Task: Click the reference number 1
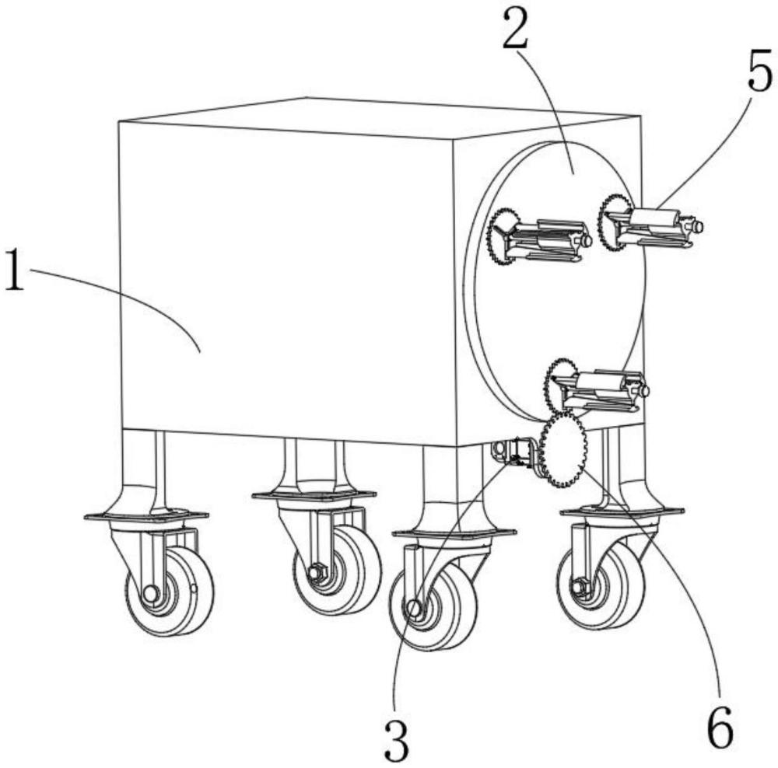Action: click(x=14, y=271)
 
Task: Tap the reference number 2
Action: click(x=515, y=29)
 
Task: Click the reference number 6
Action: click(x=720, y=728)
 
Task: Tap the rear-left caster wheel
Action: click(x=338, y=571)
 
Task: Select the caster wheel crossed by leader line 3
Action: click(x=433, y=606)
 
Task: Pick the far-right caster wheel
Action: click(x=601, y=585)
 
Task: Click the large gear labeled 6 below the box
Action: click(x=562, y=450)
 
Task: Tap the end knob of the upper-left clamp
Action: click(x=586, y=241)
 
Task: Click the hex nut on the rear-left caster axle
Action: click(x=315, y=573)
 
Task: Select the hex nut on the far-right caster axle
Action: click(x=578, y=588)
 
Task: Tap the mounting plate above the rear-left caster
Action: click(x=314, y=495)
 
